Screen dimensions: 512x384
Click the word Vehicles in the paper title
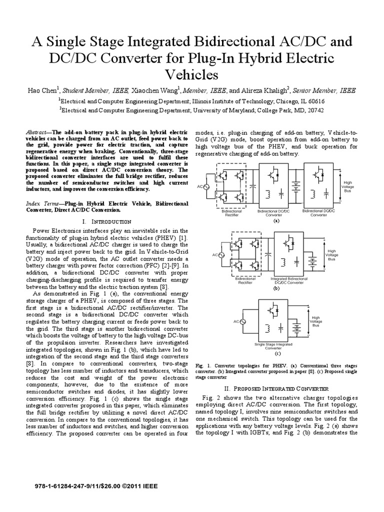tap(192, 74)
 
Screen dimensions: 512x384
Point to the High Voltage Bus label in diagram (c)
tap(315, 321)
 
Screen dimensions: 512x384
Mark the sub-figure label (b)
tap(275, 289)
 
